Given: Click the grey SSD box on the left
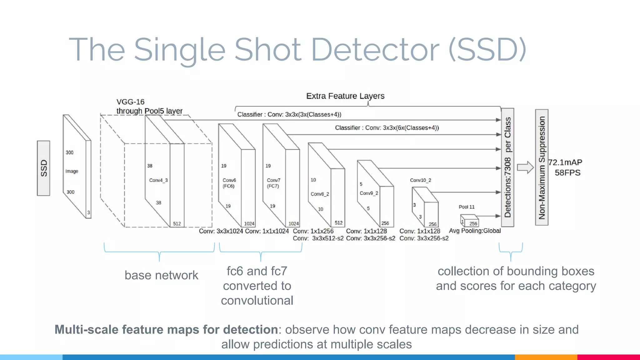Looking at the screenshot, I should coord(43,168).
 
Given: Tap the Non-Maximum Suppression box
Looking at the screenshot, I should coord(542,167).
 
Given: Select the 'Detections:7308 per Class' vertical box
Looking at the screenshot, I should coord(507,167).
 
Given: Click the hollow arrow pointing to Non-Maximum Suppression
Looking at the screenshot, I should coord(525,167).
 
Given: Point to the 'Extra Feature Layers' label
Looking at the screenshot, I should coord(345,96).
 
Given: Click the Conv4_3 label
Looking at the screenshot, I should coord(158,180).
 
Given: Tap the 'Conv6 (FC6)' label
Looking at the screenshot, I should coord(229,183).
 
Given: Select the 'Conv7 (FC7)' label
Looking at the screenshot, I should coord(273,183).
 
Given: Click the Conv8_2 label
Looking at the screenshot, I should coord(320,194).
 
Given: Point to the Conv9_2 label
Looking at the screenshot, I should coord(369,193).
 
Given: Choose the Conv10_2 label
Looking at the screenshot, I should coord(420,180).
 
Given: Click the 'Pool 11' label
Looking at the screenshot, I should coord(467,207).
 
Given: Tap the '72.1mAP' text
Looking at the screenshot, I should coord(565,162).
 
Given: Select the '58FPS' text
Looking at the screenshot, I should coord(567,173).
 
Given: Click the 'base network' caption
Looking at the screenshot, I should coord(161,275).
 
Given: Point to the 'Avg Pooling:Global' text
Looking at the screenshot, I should coord(475,231).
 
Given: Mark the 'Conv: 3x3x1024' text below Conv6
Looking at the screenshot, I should coord(221,231).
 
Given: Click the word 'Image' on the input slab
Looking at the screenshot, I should coord(72,171).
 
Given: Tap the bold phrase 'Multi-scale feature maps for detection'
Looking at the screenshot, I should coord(166,330).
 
